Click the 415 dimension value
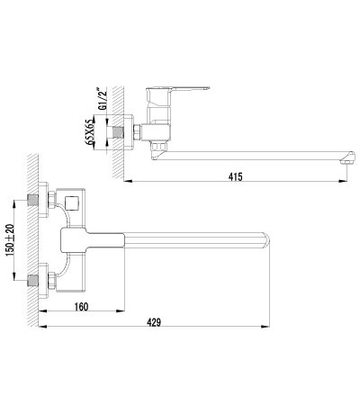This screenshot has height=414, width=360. pyautogui.click(x=235, y=176)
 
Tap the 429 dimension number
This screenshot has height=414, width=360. pyautogui.click(x=154, y=322)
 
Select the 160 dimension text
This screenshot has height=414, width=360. pyautogui.click(x=81, y=307)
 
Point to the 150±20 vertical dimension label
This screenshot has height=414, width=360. pyautogui.click(x=10, y=240)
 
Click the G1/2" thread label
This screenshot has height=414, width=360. pyautogui.click(x=101, y=100)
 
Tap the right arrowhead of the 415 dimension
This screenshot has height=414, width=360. pyautogui.click(x=343, y=181)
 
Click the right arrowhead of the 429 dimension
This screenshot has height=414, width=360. pyautogui.click(x=265, y=326)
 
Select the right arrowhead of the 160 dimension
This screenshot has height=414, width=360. pyautogui.click(x=120, y=310)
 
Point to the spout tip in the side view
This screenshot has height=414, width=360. pyautogui.click(x=349, y=158)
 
